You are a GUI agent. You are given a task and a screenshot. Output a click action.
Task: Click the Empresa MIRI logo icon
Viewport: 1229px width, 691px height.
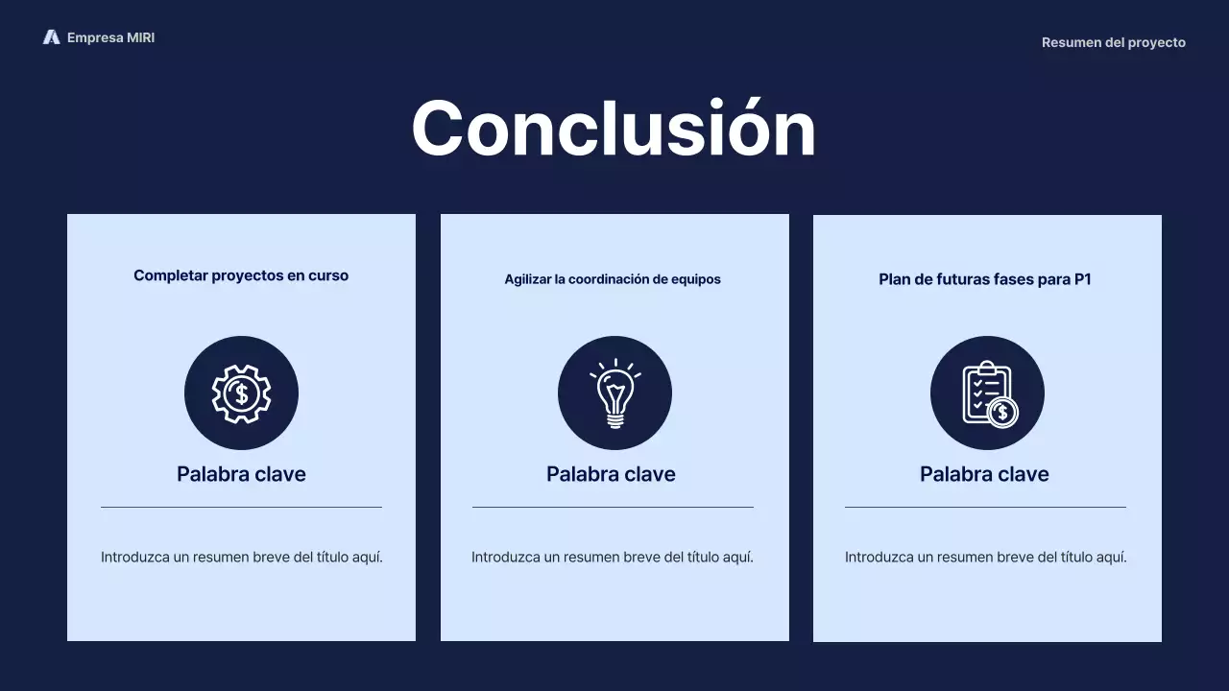pyautogui.click(x=51, y=37)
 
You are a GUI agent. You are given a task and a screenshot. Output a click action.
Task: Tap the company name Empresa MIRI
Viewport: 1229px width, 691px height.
pyautogui.click(x=110, y=37)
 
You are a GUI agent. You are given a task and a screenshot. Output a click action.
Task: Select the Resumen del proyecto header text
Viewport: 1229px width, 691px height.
pyautogui.click(x=1113, y=42)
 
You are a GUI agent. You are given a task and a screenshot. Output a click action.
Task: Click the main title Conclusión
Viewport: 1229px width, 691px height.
pyautogui.click(x=614, y=129)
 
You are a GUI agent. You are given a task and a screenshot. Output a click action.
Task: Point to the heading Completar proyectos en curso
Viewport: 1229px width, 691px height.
pyautogui.click(x=241, y=275)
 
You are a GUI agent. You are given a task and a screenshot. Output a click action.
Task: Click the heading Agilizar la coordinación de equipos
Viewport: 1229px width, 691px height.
pyautogui.click(x=613, y=279)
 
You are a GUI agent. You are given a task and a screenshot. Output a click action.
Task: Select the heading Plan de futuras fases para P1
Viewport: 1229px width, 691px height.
pyautogui.click(x=985, y=279)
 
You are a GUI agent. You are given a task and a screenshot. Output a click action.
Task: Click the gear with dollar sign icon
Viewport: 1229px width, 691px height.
pyautogui.click(x=241, y=393)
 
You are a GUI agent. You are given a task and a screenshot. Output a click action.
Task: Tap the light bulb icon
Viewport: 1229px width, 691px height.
pyautogui.click(x=614, y=393)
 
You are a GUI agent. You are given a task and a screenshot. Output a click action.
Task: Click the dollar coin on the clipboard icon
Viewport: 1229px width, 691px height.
pyautogui.click(x=1002, y=413)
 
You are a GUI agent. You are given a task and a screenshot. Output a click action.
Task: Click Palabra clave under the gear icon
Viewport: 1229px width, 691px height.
pyautogui.click(x=241, y=474)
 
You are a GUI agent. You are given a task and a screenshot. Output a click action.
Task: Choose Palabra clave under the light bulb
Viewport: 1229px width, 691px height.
pyautogui.click(x=611, y=474)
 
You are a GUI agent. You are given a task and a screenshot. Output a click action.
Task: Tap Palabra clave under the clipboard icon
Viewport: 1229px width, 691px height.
pyautogui.click(x=984, y=474)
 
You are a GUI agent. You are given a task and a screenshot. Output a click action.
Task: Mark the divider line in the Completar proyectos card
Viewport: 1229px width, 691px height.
pyautogui.click(x=241, y=507)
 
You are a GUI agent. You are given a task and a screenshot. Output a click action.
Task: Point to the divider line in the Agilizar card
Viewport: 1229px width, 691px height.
pyautogui.click(x=613, y=507)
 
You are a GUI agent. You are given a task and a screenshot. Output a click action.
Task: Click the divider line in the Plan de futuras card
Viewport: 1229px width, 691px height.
pyautogui.click(x=985, y=507)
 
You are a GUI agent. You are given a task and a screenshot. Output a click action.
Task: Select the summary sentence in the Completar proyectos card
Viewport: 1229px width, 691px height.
pyautogui.click(x=242, y=557)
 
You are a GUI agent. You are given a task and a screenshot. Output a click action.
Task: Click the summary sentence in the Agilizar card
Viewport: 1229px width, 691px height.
pyautogui.click(x=613, y=557)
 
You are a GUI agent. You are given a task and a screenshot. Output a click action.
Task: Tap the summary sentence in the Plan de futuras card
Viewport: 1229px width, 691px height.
pyautogui.click(x=986, y=557)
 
